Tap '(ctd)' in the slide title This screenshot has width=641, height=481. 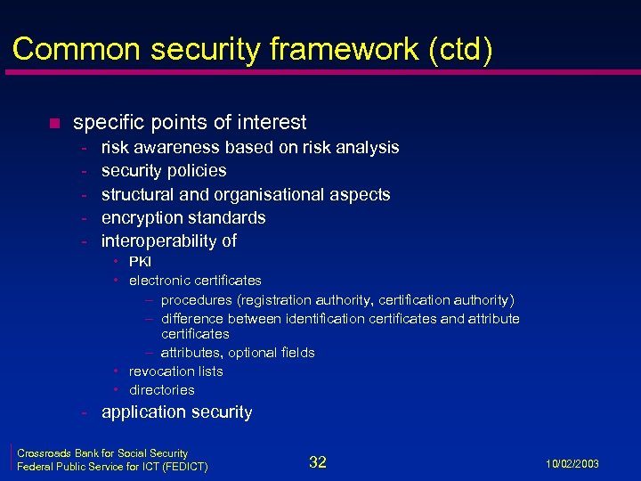pyautogui.click(x=459, y=49)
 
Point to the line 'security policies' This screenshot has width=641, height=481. pyautogui.click(x=164, y=170)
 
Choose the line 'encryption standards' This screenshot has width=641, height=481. pyautogui.click(x=183, y=217)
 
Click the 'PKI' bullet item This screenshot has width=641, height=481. pyautogui.click(x=140, y=261)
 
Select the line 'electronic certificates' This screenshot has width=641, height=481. pyautogui.click(x=195, y=281)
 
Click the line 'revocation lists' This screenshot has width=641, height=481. pyautogui.click(x=175, y=371)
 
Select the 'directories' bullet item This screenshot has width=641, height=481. pyautogui.click(x=161, y=390)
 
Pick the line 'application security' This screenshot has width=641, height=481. pyautogui.click(x=176, y=412)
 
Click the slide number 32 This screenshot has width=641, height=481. pyautogui.click(x=318, y=461)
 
